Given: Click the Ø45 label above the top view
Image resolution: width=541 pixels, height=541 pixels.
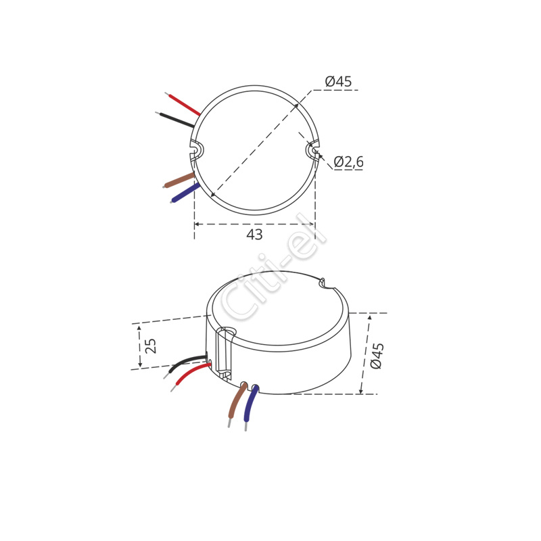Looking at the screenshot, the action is (338, 81).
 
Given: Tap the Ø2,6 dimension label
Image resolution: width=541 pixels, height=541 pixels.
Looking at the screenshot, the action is (348, 162).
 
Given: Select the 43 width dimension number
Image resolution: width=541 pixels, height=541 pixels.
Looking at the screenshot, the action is (255, 235).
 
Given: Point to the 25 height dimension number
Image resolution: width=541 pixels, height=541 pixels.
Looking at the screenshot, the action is (151, 346).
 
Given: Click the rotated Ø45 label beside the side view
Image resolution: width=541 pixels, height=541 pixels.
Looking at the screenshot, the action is (377, 356).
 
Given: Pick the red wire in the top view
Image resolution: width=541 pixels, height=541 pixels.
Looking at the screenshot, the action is (183, 104).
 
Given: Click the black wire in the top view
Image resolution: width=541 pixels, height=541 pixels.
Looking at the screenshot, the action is (175, 120).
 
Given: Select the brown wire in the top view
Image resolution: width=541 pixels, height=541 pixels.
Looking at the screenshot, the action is (179, 180).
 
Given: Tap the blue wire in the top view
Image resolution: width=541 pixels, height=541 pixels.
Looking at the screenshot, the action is (185, 193).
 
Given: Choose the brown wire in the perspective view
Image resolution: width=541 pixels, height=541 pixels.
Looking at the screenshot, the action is (237, 404).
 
